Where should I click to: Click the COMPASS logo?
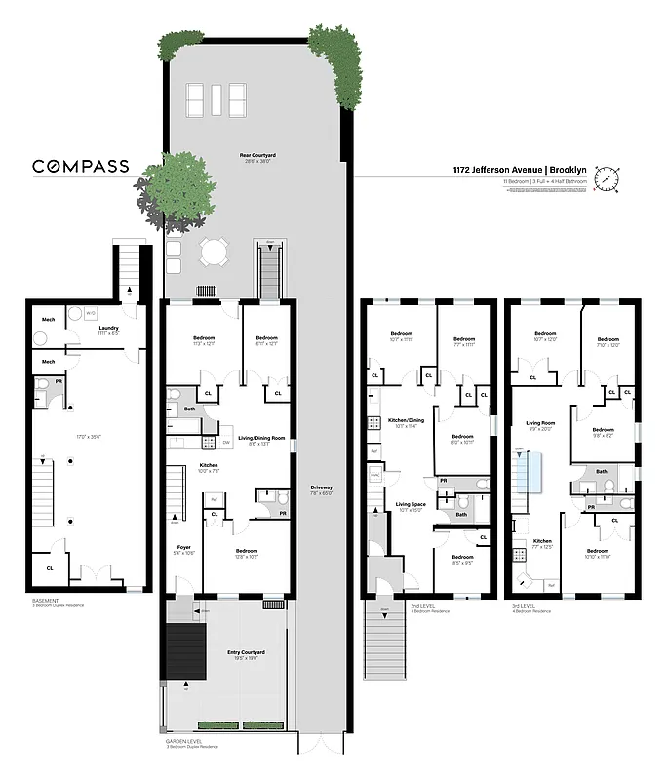[81, 166]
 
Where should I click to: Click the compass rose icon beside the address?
[609, 178]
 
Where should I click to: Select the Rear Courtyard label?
[257, 156]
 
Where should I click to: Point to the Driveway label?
[321, 487]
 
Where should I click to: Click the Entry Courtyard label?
[247, 652]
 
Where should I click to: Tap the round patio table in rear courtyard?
[213, 253]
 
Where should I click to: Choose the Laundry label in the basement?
[108, 329]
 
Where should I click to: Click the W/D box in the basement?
[91, 313]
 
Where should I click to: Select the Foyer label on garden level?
[182, 547]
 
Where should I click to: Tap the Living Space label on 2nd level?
[411, 504]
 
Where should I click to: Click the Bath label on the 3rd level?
[602, 471]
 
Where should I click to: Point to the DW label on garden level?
[225, 443]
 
